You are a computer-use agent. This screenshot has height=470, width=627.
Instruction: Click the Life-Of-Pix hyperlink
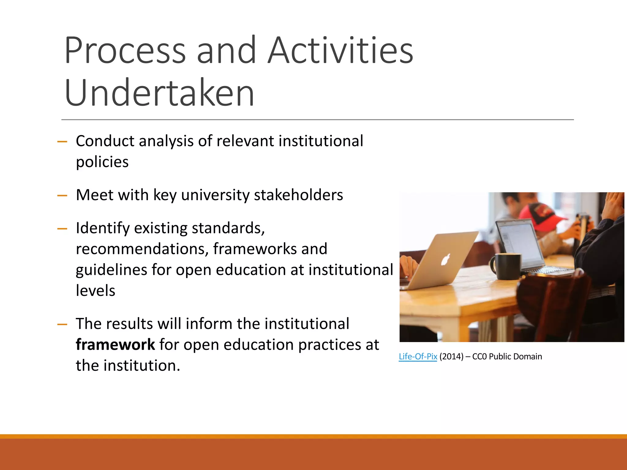418,356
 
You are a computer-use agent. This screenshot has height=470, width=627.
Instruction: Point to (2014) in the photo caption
451,356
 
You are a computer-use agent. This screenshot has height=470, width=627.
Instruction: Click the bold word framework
115,345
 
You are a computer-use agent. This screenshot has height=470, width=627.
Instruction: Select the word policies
102,162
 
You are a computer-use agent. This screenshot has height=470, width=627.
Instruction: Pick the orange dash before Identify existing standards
62,229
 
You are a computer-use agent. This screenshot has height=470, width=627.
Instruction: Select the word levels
96,291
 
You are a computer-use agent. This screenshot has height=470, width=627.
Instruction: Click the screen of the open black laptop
517,242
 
